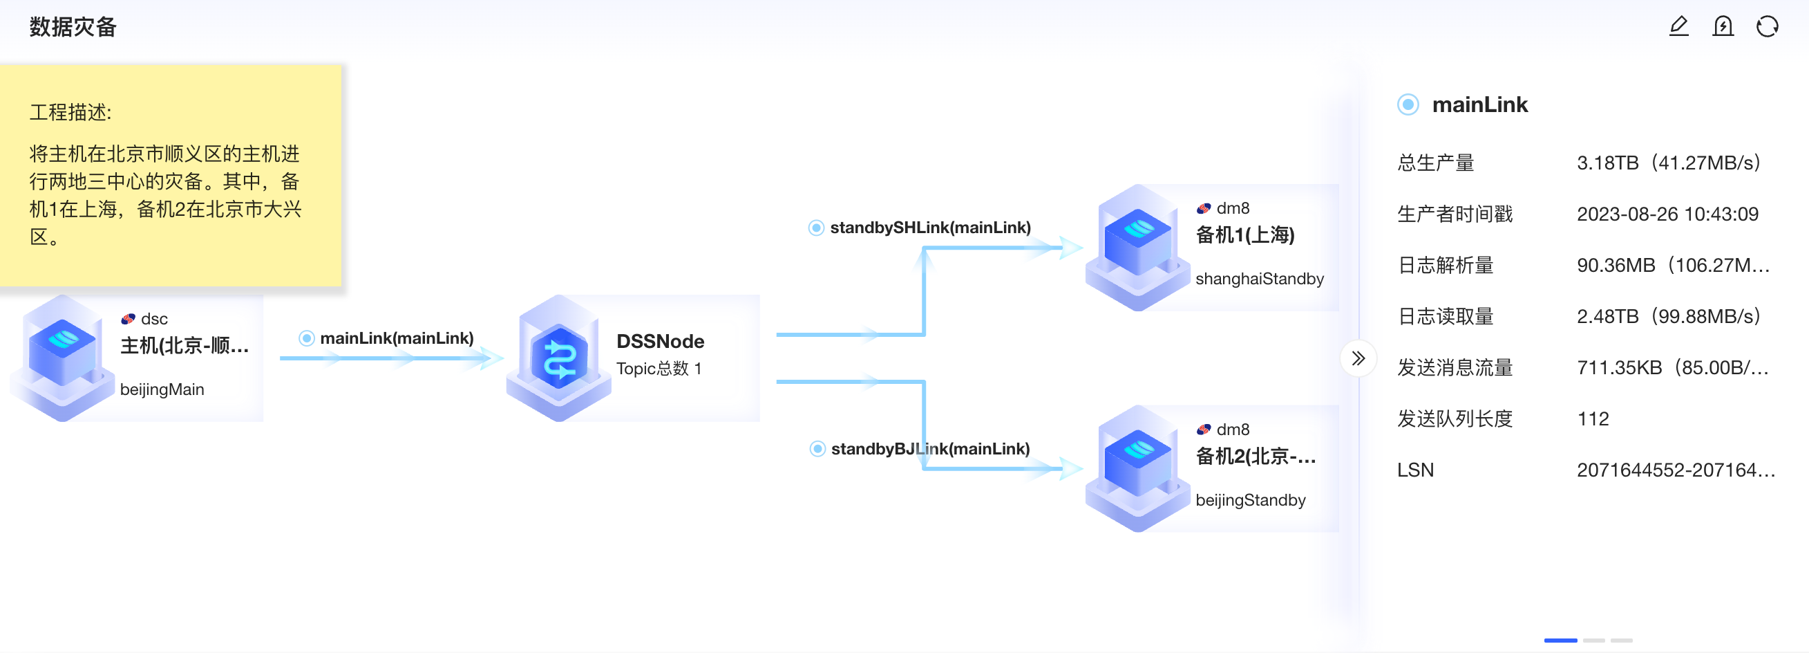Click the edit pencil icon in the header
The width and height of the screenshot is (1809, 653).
[x=1678, y=27]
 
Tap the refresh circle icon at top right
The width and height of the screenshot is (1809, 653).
[x=1767, y=27]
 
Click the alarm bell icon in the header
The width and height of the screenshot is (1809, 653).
[x=1723, y=27]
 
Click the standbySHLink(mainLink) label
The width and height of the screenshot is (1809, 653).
[x=930, y=228]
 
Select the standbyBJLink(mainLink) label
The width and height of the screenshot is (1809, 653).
[x=930, y=449]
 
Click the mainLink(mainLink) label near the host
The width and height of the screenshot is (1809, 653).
[x=397, y=338]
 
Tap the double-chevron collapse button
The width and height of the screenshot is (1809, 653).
[x=1358, y=358]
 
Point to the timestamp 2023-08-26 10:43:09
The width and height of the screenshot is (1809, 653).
[x=1667, y=214]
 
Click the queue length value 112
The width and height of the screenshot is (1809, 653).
[x=1593, y=419]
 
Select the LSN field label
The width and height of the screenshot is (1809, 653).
[x=1415, y=470]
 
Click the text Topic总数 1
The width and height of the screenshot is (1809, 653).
[x=659, y=368]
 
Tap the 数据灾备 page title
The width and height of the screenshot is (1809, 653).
[x=73, y=27]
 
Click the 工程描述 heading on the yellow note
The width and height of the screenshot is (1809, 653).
[x=70, y=113]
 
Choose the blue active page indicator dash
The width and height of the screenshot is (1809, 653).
[x=1560, y=641]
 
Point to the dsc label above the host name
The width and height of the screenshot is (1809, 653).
[x=154, y=319]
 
